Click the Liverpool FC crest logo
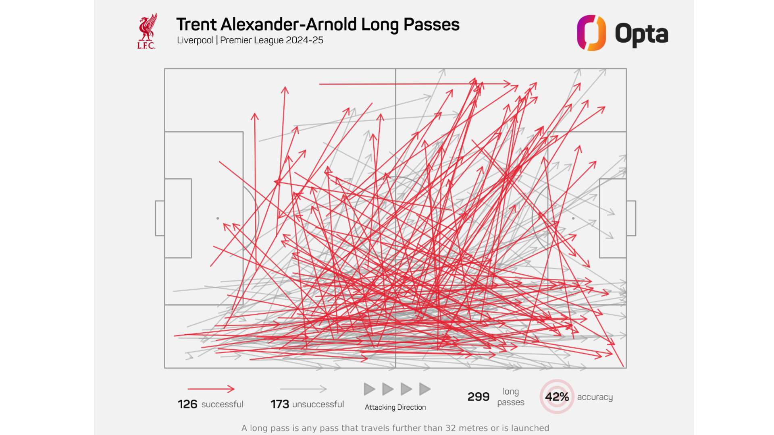coord(147,31)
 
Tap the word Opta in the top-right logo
coord(641,34)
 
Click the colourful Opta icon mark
coord(591,33)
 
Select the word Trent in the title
coord(196,25)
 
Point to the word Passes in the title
coord(431,25)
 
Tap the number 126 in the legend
coord(187,404)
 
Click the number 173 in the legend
coord(280,404)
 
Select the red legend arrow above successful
coord(211,389)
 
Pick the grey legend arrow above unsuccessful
coord(303,389)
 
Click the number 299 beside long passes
coord(478,397)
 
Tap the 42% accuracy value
coord(557,397)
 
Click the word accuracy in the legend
coord(595,397)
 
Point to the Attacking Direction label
coord(395,407)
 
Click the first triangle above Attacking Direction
coord(369,389)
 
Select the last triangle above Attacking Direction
coord(424,389)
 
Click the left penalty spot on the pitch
coord(218,218)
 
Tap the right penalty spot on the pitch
coord(573,218)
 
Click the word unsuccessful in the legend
coord(318,404)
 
